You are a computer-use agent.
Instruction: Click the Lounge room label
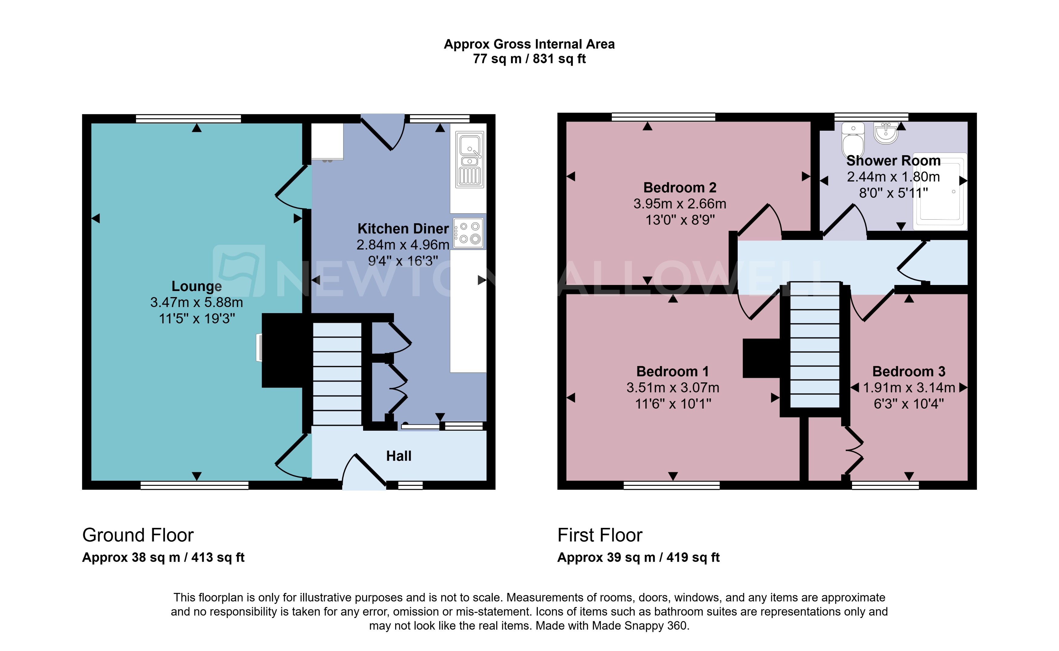[x=196, y=286]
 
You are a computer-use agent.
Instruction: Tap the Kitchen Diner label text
[x=403, y=229]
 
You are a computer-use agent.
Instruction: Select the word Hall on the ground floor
[x=398, y=456]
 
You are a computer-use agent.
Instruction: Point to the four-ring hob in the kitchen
[x=469, y=233]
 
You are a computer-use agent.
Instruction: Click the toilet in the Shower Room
[x=852, y=139]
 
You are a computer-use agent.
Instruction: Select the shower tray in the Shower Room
[x=941, y=191]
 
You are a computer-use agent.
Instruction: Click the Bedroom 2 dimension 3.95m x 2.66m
[x=680, y=204]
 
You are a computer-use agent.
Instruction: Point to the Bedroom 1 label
[x=672, y=371]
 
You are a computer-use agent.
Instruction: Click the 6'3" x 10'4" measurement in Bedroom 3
[x=909, y=404]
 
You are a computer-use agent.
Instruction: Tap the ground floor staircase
[x=337, y=374]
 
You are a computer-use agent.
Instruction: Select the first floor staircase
[x=815, y=345]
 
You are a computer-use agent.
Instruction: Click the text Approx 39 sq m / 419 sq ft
[x=638, y=558]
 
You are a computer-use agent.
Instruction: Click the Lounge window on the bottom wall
[x=194, y=485]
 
